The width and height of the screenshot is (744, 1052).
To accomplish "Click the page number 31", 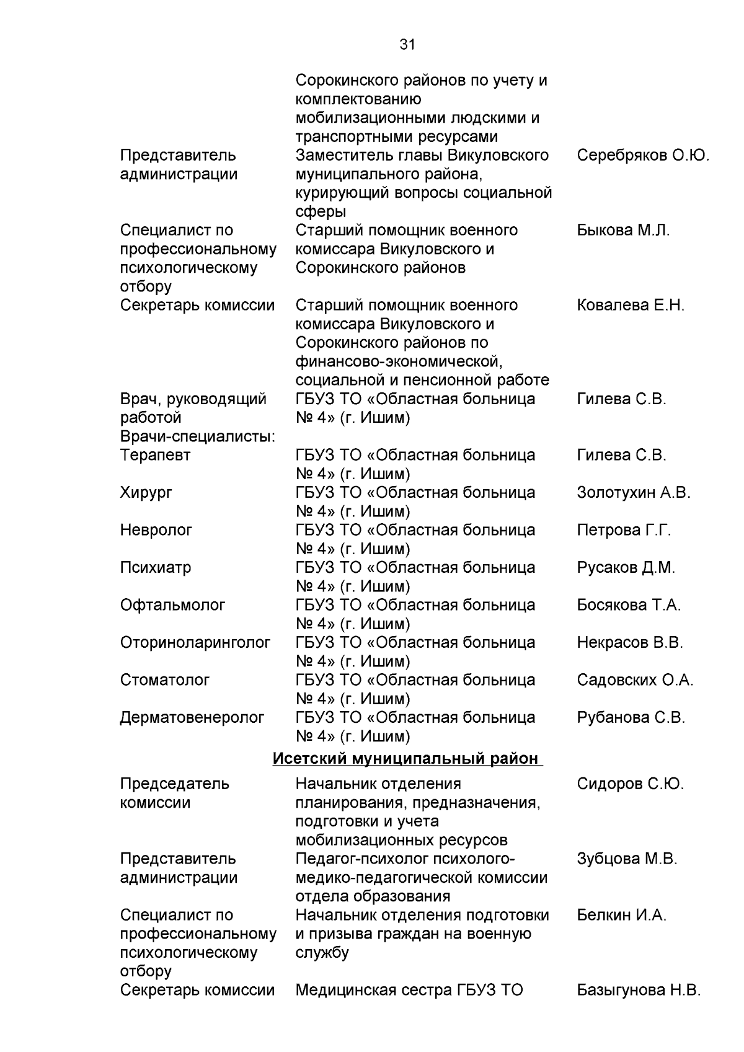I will click(407, 45).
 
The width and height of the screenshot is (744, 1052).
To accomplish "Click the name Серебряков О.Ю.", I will click(642, 155).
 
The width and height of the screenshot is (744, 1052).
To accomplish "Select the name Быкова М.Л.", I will click(623, 230).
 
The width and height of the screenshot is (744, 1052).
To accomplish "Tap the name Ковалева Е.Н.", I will click(631, 305).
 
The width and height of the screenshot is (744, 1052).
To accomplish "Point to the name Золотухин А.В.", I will click(633, 493).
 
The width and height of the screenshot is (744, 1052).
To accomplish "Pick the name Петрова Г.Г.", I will click(624, 530).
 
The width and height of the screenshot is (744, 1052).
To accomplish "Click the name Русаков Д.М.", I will click(626, 567).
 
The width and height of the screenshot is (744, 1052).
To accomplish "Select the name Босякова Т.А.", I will click(629, 605).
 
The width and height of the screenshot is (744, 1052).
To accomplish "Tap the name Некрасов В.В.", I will click(629, 642).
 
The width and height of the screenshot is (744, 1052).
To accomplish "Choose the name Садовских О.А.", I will click(635, 680).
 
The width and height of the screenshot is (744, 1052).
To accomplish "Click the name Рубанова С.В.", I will click(631, 717).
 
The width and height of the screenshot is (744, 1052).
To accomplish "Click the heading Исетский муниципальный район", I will click(406, 758).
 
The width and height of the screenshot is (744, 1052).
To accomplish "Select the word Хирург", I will click(146, 493).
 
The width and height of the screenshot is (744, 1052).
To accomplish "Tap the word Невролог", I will click(156, 530).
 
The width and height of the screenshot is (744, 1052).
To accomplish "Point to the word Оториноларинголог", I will click(195, 642).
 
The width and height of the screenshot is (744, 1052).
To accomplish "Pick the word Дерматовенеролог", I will click(192, 717).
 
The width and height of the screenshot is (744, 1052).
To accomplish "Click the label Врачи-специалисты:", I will click(198, 436).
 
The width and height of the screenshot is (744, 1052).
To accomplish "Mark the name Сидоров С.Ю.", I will click(630, 784).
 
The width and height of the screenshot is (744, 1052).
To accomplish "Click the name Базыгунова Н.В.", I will click(639, 990).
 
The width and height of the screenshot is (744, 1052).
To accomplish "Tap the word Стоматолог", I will click(165, 680).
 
